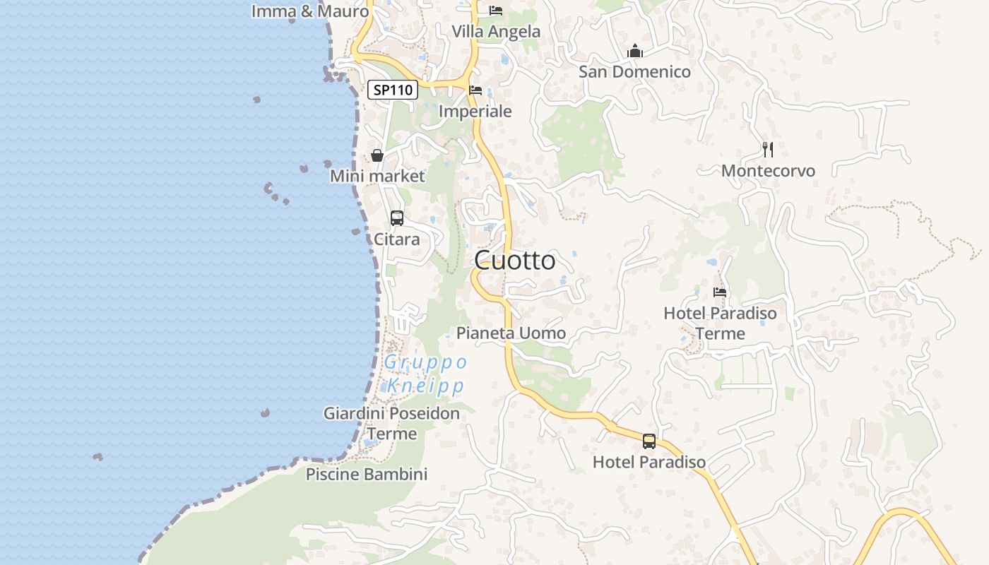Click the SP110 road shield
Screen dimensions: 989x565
coord(393,90)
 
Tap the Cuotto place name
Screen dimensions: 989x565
coord(514,261)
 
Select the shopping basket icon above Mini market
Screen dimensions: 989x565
coord(377,155)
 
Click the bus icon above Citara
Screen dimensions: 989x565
coord(397,218)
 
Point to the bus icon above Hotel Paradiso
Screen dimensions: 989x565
coord(649,441)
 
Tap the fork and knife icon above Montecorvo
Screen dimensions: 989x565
coord(768,150)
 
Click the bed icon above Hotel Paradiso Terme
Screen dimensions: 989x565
coord(720,292)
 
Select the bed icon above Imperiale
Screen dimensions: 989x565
coord(475,90)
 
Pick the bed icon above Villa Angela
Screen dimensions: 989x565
coord(496,11)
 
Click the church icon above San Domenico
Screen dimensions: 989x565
coord(635,51)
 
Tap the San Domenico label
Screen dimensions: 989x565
coord(634,71)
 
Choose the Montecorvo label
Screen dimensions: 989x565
coord(768,171)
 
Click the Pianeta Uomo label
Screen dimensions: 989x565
coord(511,333)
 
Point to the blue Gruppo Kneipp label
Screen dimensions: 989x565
coord(425,374)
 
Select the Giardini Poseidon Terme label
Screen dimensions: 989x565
coord(391,423)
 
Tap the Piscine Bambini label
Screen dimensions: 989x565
coord(367,474)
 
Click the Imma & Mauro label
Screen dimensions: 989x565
coord(310,11)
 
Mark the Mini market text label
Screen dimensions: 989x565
coord(377,176)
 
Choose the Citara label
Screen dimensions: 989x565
coord(396,239)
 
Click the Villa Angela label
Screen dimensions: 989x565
coord(496,32)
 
